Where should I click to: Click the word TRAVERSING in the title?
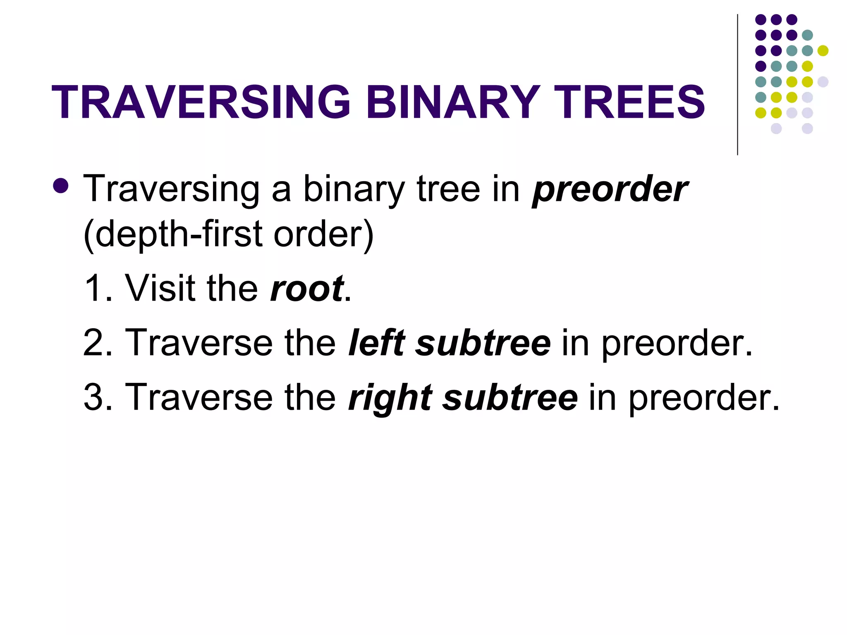(x=201, y=102)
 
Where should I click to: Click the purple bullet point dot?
(x=61, y=186)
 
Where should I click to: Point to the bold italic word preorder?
(x=610, y=189)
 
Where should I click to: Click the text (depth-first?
(x=173, y=234)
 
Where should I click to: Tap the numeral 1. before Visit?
(x=98, y=288)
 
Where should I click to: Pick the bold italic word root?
(x=306, y=288)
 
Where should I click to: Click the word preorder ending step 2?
(x=677, y=343)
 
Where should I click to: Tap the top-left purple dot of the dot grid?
(x=761, y=19)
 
